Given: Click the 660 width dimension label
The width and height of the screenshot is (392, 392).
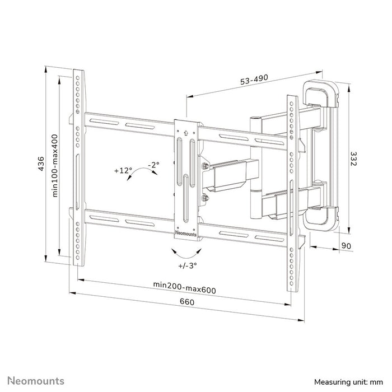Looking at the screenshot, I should pos(186,302).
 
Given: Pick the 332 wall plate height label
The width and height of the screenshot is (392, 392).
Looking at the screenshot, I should pos(355,159).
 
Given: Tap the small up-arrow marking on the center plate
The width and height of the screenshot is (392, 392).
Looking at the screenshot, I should pos(186,133).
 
